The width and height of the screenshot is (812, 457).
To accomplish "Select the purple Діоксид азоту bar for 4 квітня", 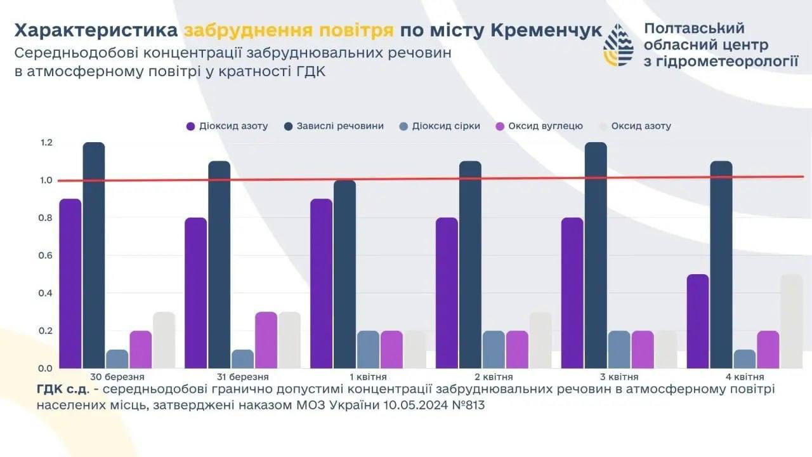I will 698,321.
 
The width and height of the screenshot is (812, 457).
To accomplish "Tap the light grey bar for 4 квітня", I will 791,321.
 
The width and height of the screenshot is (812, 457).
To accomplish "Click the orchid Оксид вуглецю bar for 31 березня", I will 266,340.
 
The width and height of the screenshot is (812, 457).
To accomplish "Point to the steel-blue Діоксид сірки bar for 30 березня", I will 117,359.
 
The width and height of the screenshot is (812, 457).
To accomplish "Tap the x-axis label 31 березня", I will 242,376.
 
